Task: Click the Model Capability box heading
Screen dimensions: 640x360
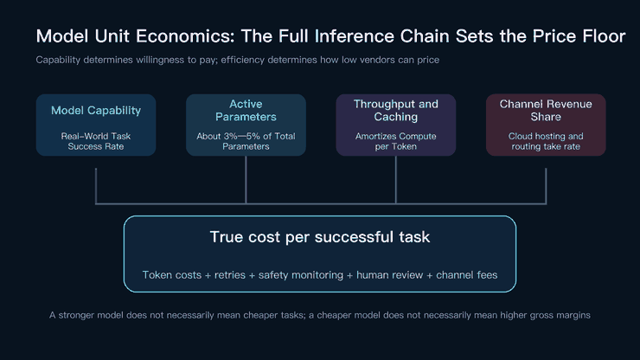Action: pyautogui.click(x=96, y=110)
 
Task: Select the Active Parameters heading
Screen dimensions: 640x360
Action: pyautogui.click(x=246, y=110)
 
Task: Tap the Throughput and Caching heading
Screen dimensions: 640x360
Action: pyautogui.click(x=396, y=110)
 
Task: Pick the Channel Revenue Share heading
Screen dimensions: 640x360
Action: pyautogui.click(x=546, y=110)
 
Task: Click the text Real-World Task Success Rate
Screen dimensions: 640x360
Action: pyautogui.click(x=96, y=141)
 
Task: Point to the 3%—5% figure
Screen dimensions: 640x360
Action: pyautogui.click(x=240, y=136)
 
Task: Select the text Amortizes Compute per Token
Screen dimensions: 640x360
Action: pyautogui.click(x=396, y=141)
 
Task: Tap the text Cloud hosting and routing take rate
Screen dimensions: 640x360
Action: pyautogui.click(x=546, y=141)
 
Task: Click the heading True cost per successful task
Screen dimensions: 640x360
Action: pyautogui.click(x=320, y=237)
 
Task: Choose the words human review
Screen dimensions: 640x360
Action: pyautogui.click(x=390, y=275)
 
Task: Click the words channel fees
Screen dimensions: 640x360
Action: pyautogui.click(x=467, y=275)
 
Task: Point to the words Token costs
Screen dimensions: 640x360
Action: pyautogui.click(x=172, y=275)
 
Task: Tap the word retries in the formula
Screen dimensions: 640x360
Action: pyautogui.click(x=230, y=275)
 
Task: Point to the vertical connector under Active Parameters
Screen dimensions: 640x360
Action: pyautogui.click(x=246, y=179)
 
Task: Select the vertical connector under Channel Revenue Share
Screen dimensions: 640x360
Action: pyautogui.click(x=546, y=186)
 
